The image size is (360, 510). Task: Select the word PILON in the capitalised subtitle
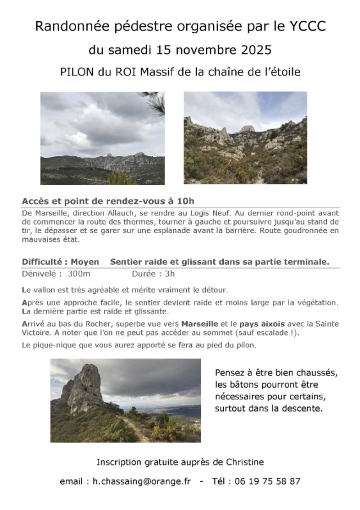coord(78,73)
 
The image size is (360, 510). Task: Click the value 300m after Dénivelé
coord(79,275)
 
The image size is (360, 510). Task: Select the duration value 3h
coord(169,275)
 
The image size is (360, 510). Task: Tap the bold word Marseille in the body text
coord(202,324)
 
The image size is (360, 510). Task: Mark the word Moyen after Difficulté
coord(85,262)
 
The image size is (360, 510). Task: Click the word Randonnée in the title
coord(64,26)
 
